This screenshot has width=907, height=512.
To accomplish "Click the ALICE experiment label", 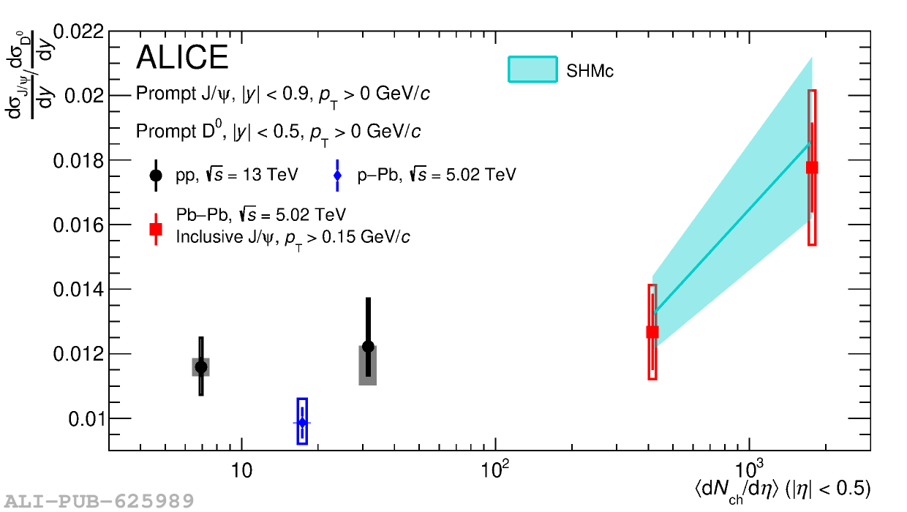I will pyautogui.click(x=182, y=58).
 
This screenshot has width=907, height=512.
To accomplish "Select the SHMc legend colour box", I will pyautogui.click(x=532, y=69).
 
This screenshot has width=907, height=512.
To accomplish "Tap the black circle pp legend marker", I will pyautogui.click(x=156, y=176).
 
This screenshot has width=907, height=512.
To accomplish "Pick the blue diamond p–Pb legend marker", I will pyautogui.click(x=337, y=176).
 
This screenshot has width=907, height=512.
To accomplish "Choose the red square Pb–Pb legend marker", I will pyautogui.click(x=156, y=229).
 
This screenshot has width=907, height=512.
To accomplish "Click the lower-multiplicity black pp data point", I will pyautogui.click(x=201, y=366).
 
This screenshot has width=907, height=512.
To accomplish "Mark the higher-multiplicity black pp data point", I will pyautogui.click(x=368, y=347).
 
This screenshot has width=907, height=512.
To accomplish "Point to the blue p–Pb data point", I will pyautogui.click(x=302, y=422).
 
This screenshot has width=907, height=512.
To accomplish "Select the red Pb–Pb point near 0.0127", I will pyautogui.click(x=652, y=332).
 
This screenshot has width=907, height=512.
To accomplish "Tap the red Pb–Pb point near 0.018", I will pyautogui.click(x=812, y=167).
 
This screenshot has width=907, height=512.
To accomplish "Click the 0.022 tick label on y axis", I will pyautogui.click(x=80, y=32).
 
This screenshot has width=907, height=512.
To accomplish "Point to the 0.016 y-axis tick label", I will pyautogui.click(x=80, y=225).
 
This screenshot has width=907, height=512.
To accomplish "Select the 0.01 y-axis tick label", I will pyautogui.click(x=86, y=419).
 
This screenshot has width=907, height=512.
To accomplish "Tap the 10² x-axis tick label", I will pyautogui.click(x=495, y=470).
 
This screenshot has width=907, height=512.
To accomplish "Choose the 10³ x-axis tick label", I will pyautogui.click(x=749, y=470).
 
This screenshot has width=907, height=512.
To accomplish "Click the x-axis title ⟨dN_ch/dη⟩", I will pyautogui.click(x=782, y=490).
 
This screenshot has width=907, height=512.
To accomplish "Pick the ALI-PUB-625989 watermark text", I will pyautogui.click(x=97, y=501).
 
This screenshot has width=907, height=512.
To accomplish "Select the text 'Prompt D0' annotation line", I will pyautogui.click(x=278, y=132).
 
